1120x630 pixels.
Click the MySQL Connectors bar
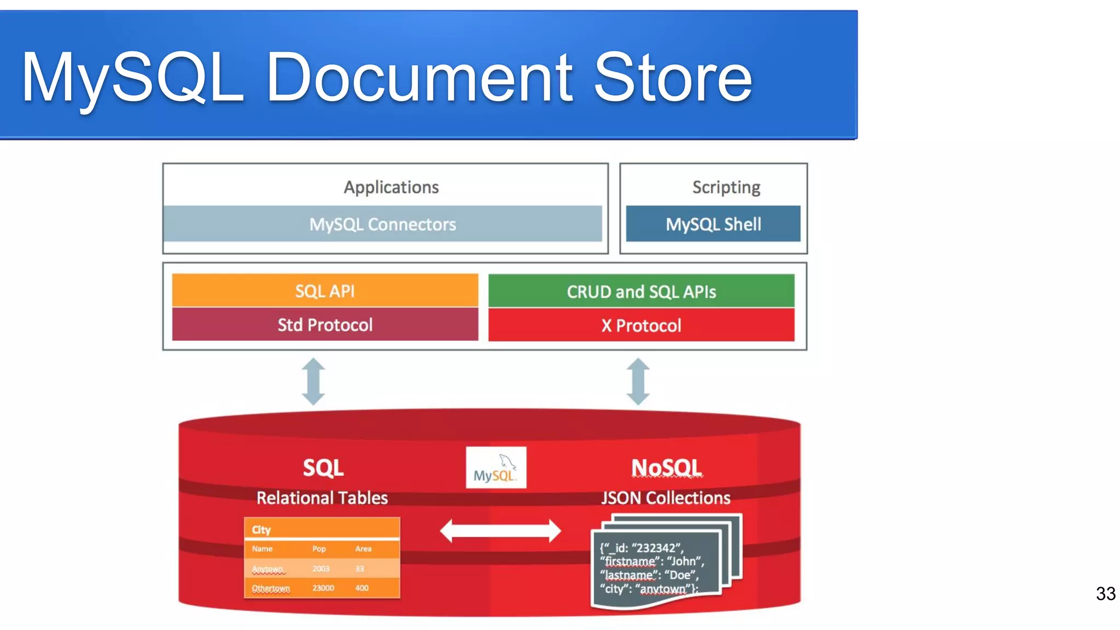tap(382, 224)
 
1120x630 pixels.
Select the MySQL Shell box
tap(713, 224)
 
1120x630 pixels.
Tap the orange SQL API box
tap(325, 291)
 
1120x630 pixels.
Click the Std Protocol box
tap(325, 325)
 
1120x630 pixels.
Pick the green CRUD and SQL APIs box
tap(641, 291)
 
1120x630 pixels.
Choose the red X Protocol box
tap(641, 325)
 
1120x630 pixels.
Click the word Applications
tap(391, 188)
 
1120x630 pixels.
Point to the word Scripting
tap(726, 188)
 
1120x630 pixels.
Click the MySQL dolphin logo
tap(495, 468)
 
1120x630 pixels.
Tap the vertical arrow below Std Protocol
tap(313, 381)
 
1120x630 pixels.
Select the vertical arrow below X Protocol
tap(638, 381)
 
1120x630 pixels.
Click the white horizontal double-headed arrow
tap(500, 530)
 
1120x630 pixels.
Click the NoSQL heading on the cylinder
tap(666, 468)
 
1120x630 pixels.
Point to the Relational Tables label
tap(322, 498)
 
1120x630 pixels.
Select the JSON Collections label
tap(666, 498)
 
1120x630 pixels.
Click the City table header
tap(261, 529)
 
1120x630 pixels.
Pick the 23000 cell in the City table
tap(323, 588)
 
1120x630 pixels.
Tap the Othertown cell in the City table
tap(271, 588)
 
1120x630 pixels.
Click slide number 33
tap(1105, 593)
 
